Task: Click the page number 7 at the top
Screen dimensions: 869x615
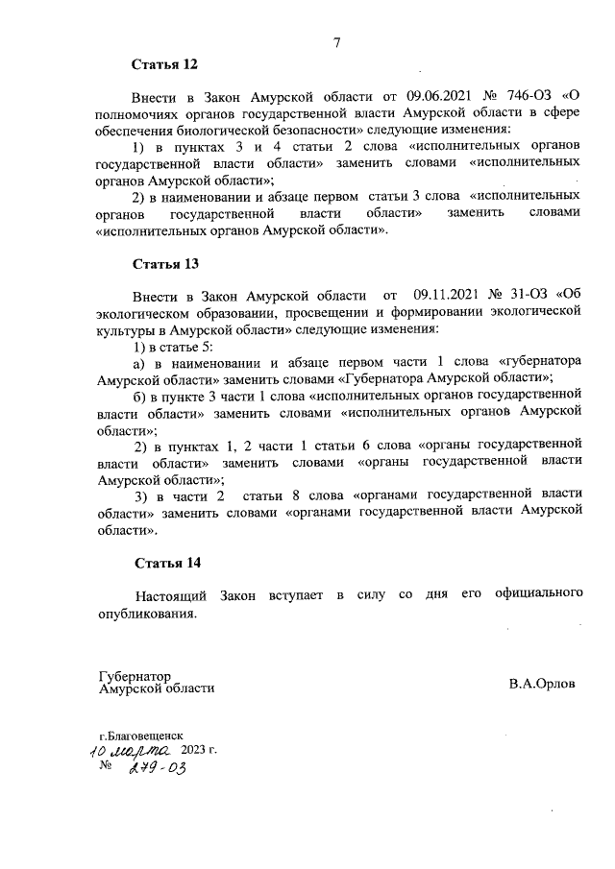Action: tap(337, 42)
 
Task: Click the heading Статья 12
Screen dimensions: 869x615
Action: tap(164, 65)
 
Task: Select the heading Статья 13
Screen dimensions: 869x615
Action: tap(165, 263)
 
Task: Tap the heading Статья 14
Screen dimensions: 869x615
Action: tap(165, 563)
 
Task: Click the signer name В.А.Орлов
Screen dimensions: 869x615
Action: tap(543, 685)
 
